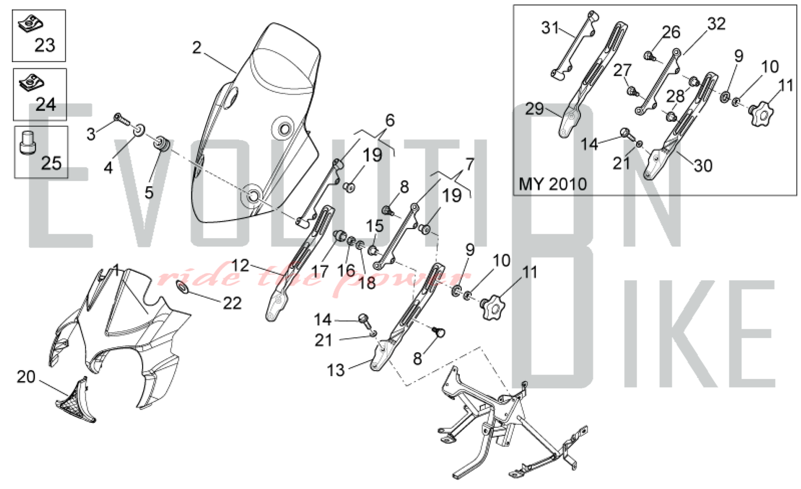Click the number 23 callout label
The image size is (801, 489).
pyautogui.click(x=44, y=45)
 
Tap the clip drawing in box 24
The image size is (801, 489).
pyautogui.click(x=31, y=83)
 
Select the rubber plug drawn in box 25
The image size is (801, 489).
pyautogui.click(x=28, y=143)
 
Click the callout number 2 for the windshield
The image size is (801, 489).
pyautogui.click(x=196, y=48)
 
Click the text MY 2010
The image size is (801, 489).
pyautogui.click(x=552, y=184)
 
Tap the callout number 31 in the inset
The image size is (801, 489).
pyautogui.click(x=549, y=28)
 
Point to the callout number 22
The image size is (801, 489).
pyautogui.click(x=232, y=303)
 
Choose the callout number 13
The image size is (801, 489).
pyautogui.click(x=336, y=370)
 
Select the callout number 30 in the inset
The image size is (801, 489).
pyautogui.click(x=703, y=166)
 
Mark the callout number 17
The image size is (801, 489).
pyautogui.click(x=320, y=272)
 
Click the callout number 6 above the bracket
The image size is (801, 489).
pyautogui.click(x=390, y=120)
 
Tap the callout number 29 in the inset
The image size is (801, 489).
pyautogui.click(x=534, y=109)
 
